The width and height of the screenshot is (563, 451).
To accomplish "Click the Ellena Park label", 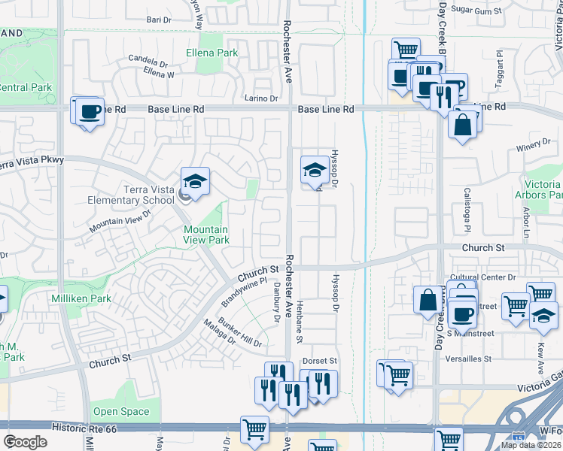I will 212,53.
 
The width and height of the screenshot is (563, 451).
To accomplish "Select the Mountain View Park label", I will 206,235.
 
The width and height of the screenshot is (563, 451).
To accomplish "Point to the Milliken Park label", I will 81,298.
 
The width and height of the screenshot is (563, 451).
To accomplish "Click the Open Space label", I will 121,411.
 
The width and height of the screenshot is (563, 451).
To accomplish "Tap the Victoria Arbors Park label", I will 543,189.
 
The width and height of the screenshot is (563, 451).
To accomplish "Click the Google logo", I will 25,442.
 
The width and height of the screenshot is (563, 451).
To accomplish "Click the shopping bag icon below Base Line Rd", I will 464,123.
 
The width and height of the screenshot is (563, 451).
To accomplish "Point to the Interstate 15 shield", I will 520,436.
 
